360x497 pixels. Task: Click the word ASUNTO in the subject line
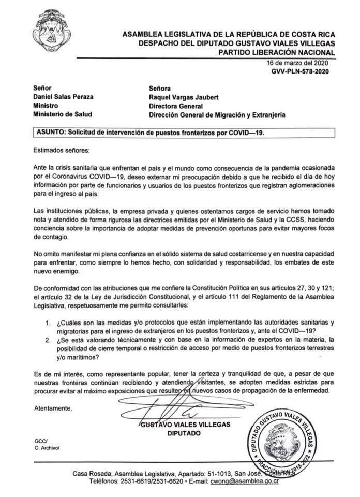(x=48, y=133)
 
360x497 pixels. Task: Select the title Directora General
(x=176, y=106)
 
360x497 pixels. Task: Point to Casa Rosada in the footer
(x=93, y=472)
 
